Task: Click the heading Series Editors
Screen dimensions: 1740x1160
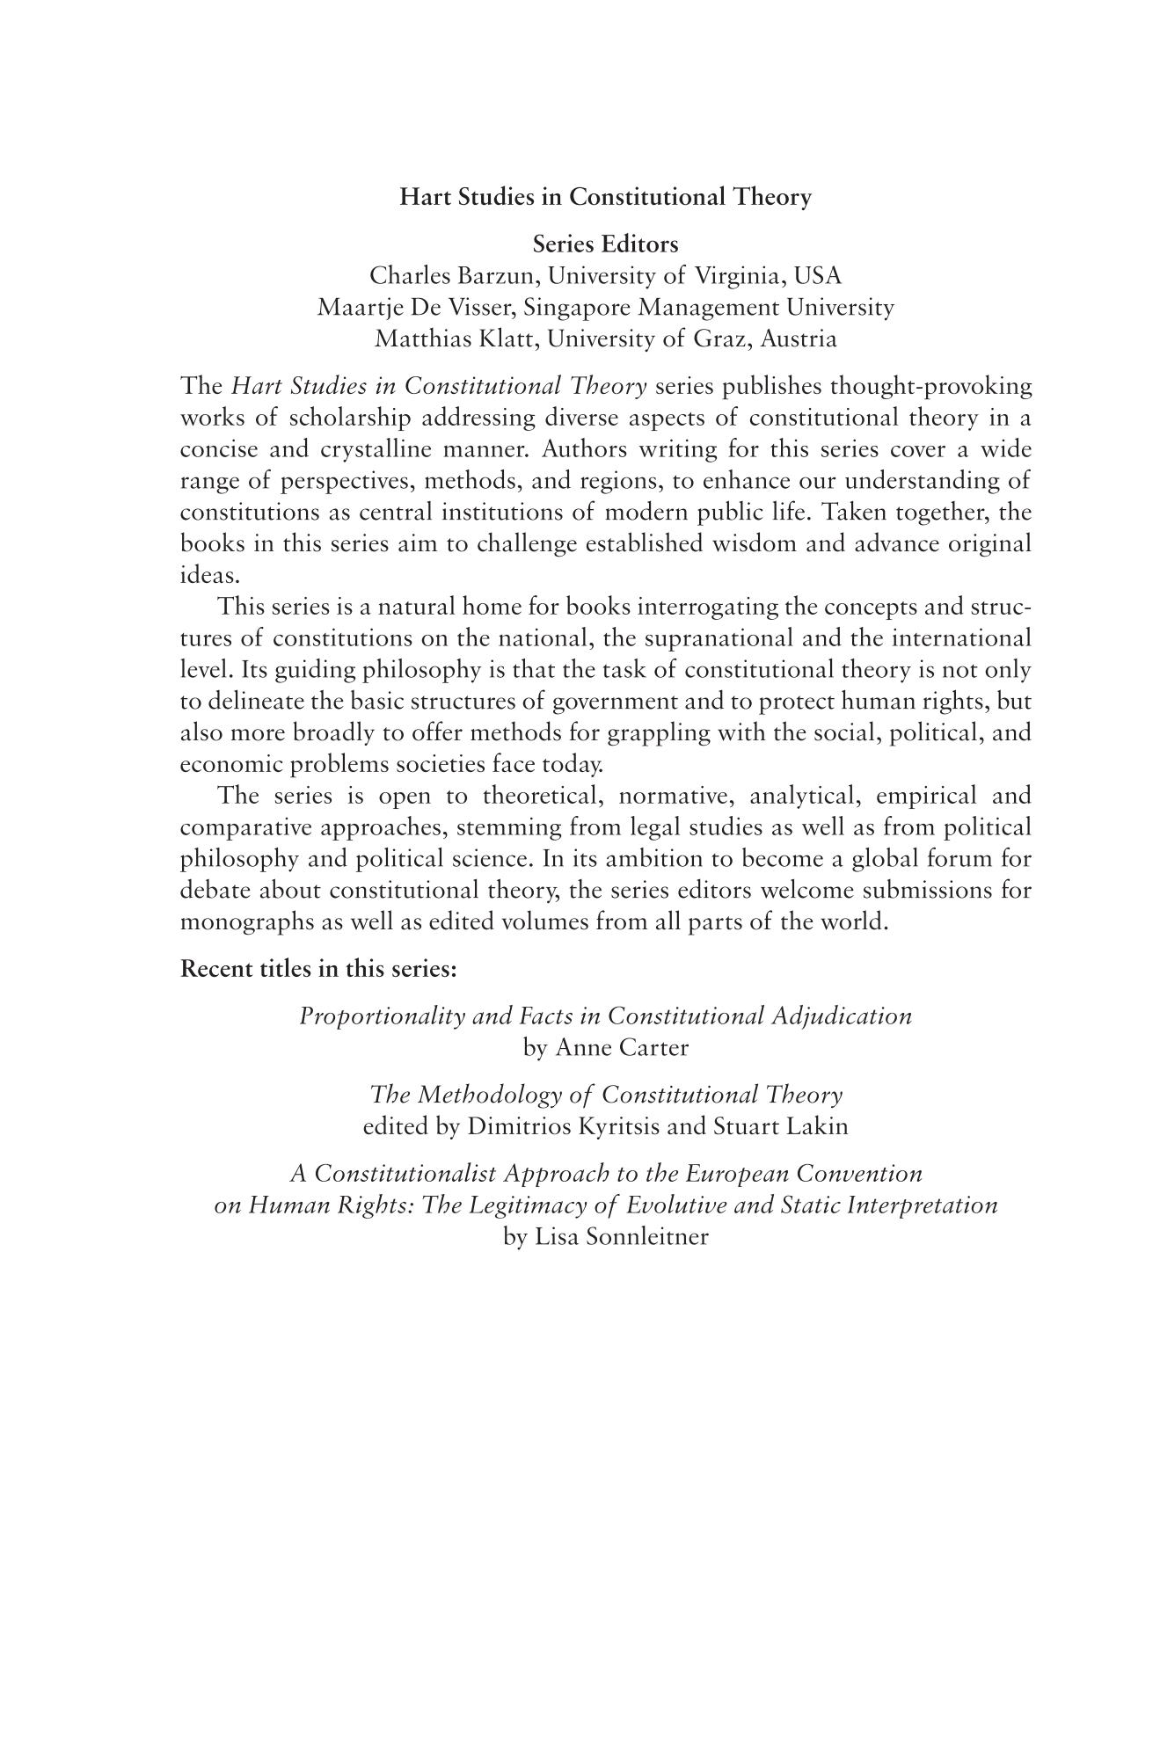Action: [605, 244]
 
